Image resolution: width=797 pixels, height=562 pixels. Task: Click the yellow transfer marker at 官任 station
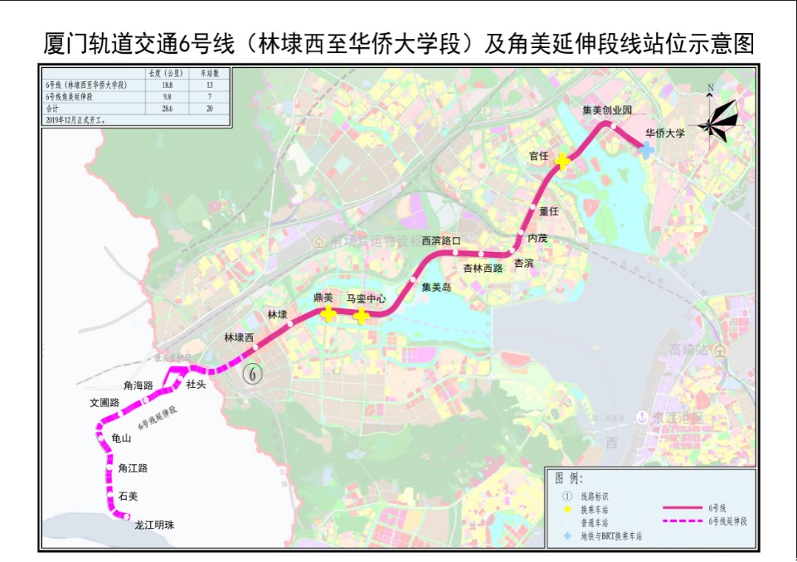[562, 161]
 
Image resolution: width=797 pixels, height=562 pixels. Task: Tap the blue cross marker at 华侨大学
[646, 148]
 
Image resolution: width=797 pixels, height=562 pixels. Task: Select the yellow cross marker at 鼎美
[328, 313]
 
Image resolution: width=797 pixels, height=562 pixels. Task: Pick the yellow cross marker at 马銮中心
[362, 315]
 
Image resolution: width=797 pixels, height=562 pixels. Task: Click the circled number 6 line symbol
[253, 374]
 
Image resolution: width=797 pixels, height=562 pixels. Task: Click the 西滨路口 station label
[440, 241]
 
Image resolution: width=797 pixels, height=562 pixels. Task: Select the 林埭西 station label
[239, 337]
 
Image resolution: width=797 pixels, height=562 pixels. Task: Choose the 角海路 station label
[138, 385]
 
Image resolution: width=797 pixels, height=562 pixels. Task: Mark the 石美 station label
[128, 496]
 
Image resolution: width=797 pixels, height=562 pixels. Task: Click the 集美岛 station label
[436, 288]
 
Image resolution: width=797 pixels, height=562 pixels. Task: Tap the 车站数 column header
[210, 75]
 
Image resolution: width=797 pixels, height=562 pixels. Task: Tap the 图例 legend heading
[569, 479]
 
